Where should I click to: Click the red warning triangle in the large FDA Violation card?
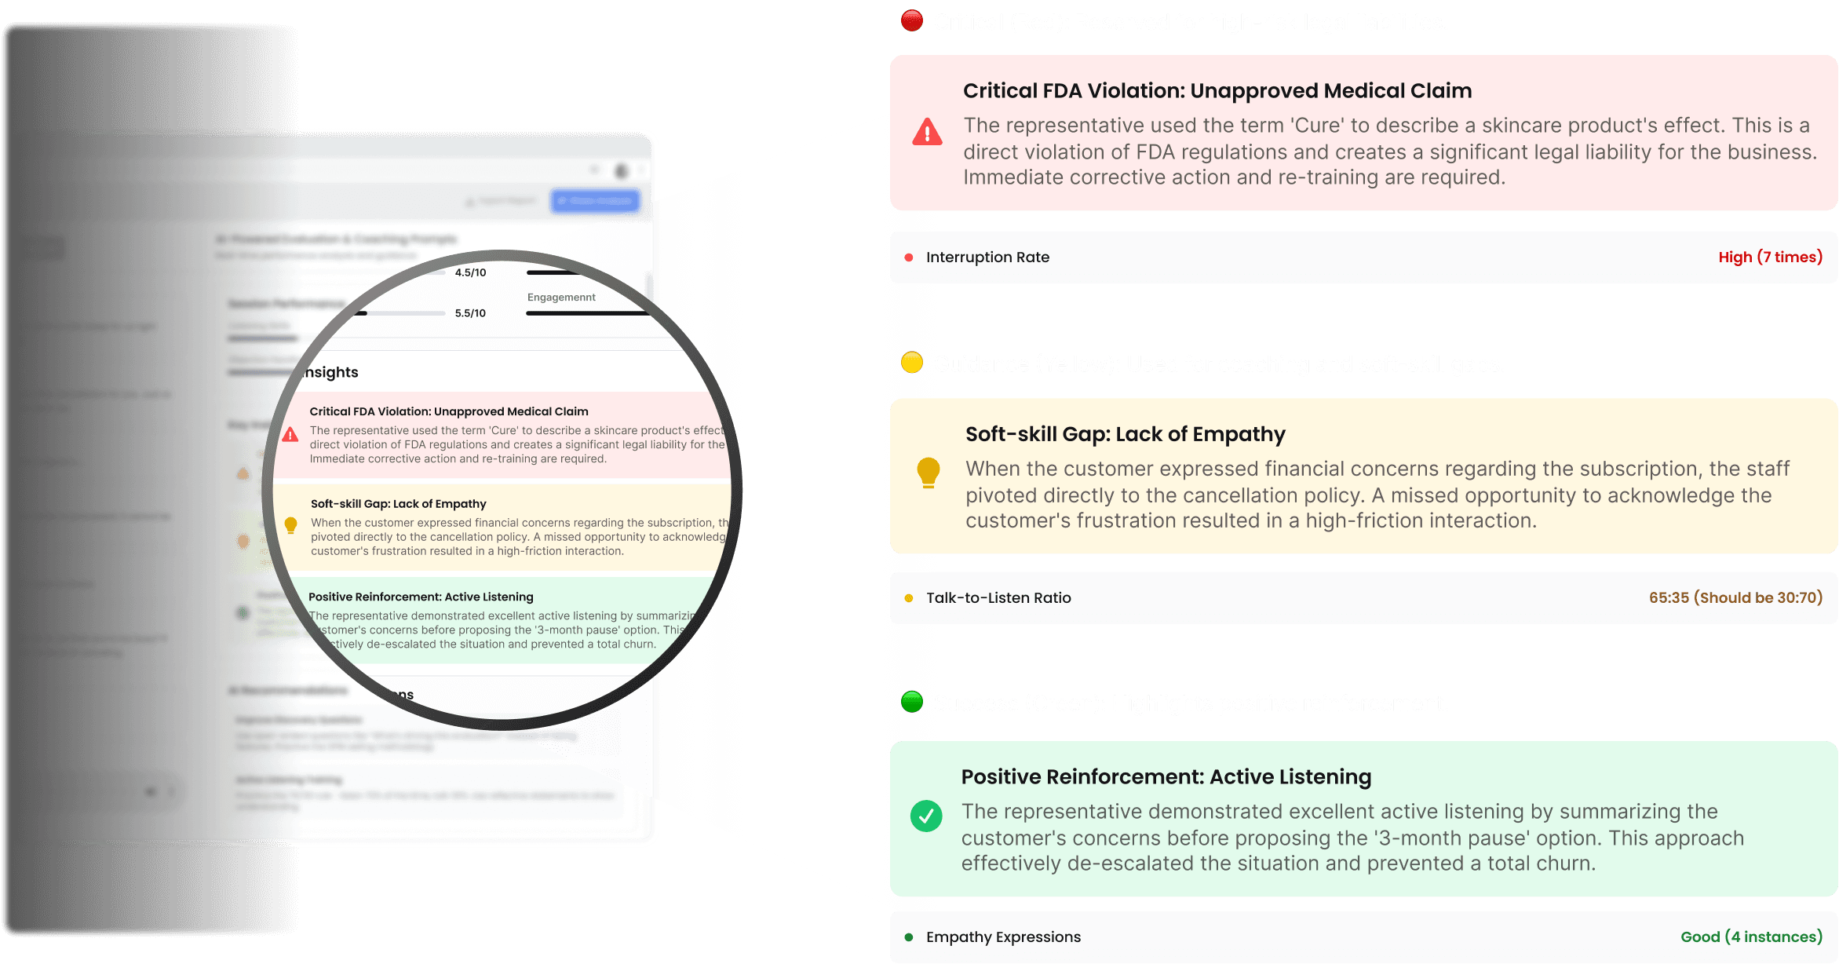(927, 133)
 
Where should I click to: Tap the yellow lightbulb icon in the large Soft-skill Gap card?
(928, 473)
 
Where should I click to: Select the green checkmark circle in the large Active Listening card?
(926, 816)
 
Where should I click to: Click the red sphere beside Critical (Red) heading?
(912, 20)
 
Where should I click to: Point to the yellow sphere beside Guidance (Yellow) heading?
(912, 363)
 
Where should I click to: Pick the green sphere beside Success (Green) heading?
(912, 702)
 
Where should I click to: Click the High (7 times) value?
(1770, 257)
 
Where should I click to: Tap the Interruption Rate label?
(987, 257)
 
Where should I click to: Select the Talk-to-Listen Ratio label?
(998, 598)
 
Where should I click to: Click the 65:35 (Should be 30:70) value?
(1735, 598)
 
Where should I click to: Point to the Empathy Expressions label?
(1003, 937)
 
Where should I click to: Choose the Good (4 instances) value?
(1751, 937)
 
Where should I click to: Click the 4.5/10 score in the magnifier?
(470, 272)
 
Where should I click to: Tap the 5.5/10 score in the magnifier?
(470, 313)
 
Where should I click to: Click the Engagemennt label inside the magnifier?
(561, 298)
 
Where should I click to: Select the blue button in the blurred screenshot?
(595, 201)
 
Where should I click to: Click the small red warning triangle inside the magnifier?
(290, 435)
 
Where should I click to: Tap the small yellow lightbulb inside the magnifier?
(290, 525)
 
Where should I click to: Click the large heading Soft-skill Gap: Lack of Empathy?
(1125, 434)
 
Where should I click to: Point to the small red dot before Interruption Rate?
(909, 257)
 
